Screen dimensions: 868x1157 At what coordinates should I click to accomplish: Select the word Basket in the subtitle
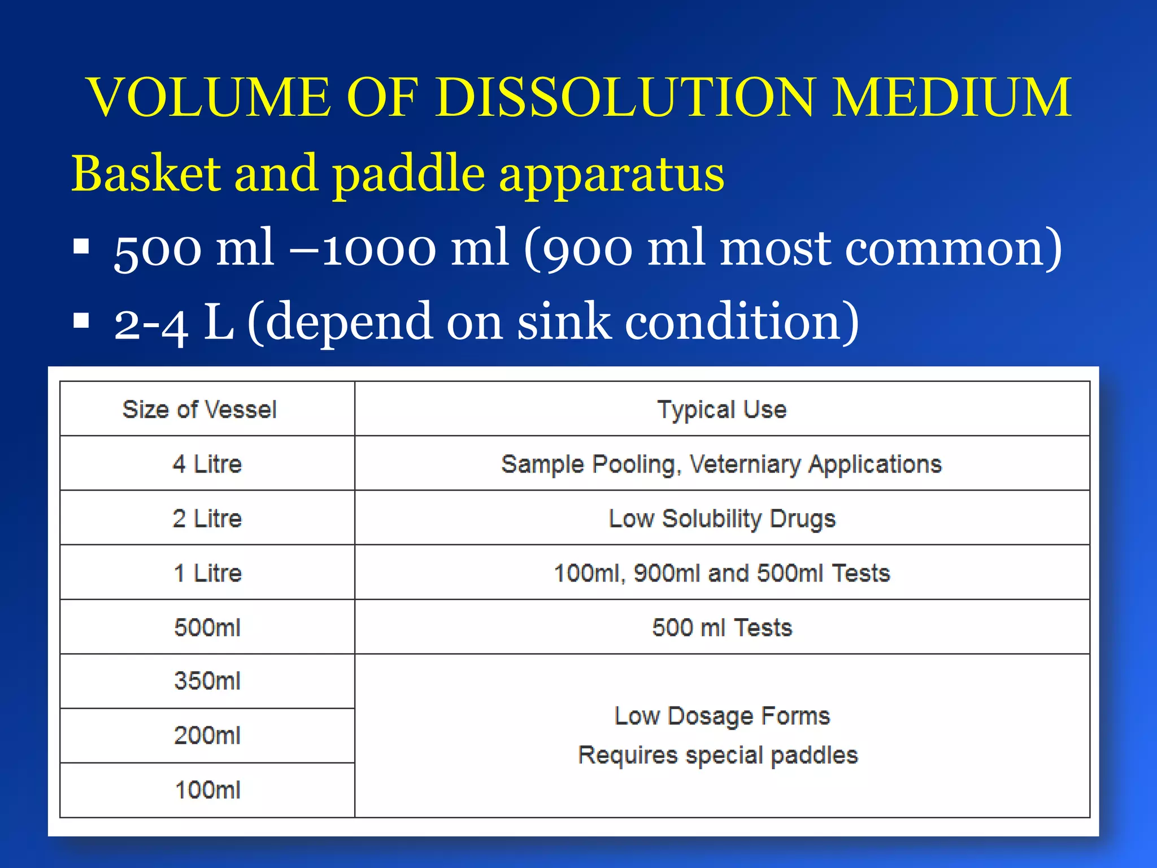146,174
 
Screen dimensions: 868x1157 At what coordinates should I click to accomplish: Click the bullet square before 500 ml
81,247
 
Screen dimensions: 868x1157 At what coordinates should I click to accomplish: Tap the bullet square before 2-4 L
81,320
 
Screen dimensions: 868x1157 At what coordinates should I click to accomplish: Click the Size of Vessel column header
199,409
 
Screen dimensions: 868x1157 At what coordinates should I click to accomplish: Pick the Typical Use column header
721,409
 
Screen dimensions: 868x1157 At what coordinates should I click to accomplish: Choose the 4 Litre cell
207,464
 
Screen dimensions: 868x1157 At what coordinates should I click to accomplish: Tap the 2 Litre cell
207,518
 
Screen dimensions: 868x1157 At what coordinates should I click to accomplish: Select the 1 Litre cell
207,573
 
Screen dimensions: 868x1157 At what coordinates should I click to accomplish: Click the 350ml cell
207,681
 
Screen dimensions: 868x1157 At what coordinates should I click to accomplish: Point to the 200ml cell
207,736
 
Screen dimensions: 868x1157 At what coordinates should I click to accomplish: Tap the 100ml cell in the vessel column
207,790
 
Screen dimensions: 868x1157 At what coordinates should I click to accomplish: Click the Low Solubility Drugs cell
721,518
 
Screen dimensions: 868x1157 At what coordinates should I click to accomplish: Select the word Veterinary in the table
745,465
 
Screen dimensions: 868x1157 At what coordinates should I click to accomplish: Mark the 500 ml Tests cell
721,628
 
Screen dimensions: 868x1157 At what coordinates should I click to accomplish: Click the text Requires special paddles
717,756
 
